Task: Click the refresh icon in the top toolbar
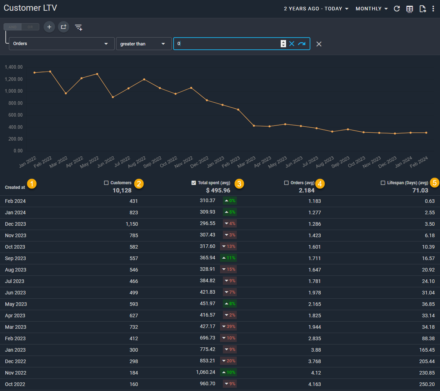397,9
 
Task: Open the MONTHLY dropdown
371,9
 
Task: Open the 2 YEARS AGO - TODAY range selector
316,9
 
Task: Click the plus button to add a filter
49,27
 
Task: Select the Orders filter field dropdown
61,44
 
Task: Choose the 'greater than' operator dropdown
144,44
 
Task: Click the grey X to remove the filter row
319,44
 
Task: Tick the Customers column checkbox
106,183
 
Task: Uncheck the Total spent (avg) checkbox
194,183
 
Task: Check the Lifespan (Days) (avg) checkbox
383,183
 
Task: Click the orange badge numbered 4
320,184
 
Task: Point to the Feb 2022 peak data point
50,72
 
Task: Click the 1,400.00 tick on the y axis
14,67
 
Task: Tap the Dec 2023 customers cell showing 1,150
131,224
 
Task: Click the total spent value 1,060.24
206,372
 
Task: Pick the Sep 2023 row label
15,258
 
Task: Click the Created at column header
15,187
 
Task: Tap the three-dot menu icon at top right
433,9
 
